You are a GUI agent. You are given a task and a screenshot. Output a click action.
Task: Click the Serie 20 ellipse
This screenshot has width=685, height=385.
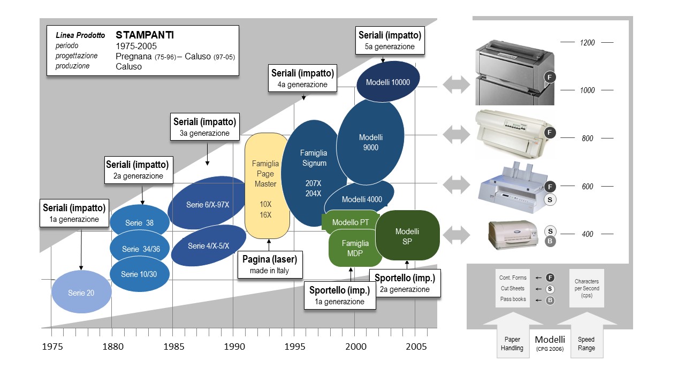pos(81,292)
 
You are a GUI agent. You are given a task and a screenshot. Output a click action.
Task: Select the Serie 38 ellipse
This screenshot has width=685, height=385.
pos(140,222)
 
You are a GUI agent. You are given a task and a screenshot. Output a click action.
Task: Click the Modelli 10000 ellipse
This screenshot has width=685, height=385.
pos(388,82)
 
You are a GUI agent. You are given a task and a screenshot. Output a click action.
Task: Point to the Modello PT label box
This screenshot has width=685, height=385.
pos(351,222)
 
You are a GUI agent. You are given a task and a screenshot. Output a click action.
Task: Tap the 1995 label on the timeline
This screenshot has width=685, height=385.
pos(295,346)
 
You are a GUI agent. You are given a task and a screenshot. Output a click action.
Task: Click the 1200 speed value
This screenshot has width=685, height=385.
pos(587,43)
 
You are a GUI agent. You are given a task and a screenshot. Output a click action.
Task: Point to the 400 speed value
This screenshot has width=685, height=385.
pos(587,234)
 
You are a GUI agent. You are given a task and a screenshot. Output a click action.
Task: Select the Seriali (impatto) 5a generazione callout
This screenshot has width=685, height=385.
pos(390,41)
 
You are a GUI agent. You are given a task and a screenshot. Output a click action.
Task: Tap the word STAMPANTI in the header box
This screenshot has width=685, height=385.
pos(144,35)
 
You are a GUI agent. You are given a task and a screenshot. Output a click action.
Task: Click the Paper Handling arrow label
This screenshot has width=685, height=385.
pos(512,344)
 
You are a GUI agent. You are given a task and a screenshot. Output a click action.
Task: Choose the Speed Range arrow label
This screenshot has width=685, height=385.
pos(586,344)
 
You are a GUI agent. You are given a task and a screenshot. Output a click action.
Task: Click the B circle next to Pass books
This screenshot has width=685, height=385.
pos(550,300)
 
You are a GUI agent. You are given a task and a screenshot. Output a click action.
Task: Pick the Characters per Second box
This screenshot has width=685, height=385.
pos(587,288)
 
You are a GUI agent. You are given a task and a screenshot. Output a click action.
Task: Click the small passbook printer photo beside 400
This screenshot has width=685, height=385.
pos(512,234)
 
